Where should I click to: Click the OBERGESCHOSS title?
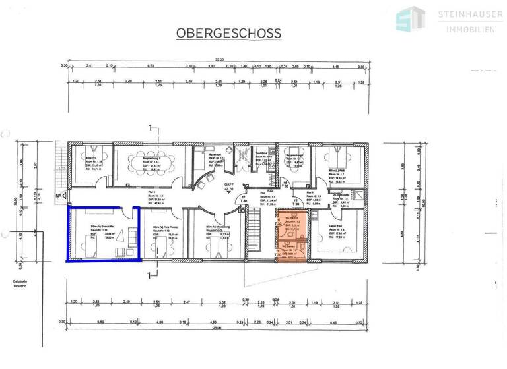[228, 33]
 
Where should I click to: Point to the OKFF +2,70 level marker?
[229, 187]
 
